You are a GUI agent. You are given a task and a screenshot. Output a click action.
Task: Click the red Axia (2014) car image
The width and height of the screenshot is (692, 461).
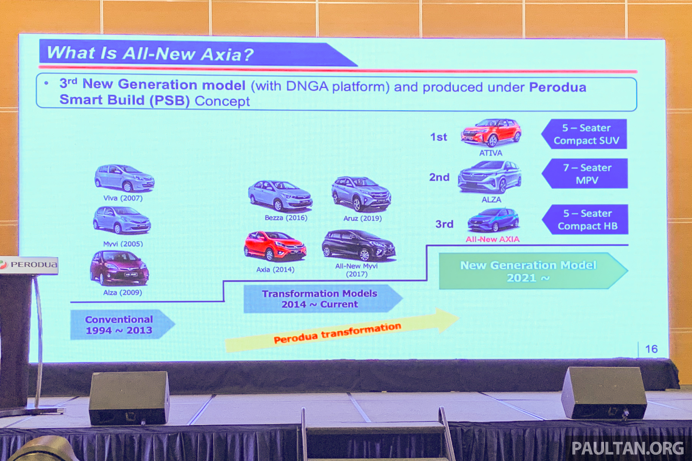(x=275, y=246)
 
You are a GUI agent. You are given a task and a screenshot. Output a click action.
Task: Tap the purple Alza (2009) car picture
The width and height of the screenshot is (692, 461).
(x=119, y=268)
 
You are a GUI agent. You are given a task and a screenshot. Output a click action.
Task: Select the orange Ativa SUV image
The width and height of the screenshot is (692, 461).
(x=491, y=132)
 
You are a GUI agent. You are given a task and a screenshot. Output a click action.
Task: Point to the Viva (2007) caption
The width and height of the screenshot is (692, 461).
(x=123, y=198)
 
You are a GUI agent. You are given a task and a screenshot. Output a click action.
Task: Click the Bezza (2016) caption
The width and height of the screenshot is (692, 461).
(x=286, y=218)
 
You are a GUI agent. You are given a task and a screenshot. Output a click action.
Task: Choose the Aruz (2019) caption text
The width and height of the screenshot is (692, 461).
(x=362, y=218)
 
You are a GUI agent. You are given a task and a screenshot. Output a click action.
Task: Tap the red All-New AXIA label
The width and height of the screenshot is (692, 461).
(x=493, y=239)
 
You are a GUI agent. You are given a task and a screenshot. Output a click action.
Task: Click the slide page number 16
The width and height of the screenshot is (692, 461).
(x=651, y=349)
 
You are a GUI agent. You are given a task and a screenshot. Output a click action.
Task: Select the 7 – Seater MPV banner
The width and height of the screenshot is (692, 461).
(x=585, y=173)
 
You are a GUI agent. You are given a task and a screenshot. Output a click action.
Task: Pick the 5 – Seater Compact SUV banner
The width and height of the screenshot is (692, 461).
(x=584, y=134)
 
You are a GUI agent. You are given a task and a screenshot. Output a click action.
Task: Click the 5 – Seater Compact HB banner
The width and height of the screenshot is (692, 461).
(x=585, y=219)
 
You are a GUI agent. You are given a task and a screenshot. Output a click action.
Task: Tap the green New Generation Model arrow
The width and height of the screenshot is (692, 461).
(x=533, y=271)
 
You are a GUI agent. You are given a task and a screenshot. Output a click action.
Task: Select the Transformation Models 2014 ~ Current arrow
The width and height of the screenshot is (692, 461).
(x=323, y=298)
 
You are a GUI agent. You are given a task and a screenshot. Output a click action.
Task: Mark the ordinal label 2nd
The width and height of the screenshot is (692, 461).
(x=439, y=177)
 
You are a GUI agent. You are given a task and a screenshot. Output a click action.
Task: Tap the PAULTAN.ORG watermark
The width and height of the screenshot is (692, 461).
(x=628, y=448)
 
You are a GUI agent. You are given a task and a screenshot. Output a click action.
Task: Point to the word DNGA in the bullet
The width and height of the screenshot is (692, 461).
(x=307, y=86)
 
